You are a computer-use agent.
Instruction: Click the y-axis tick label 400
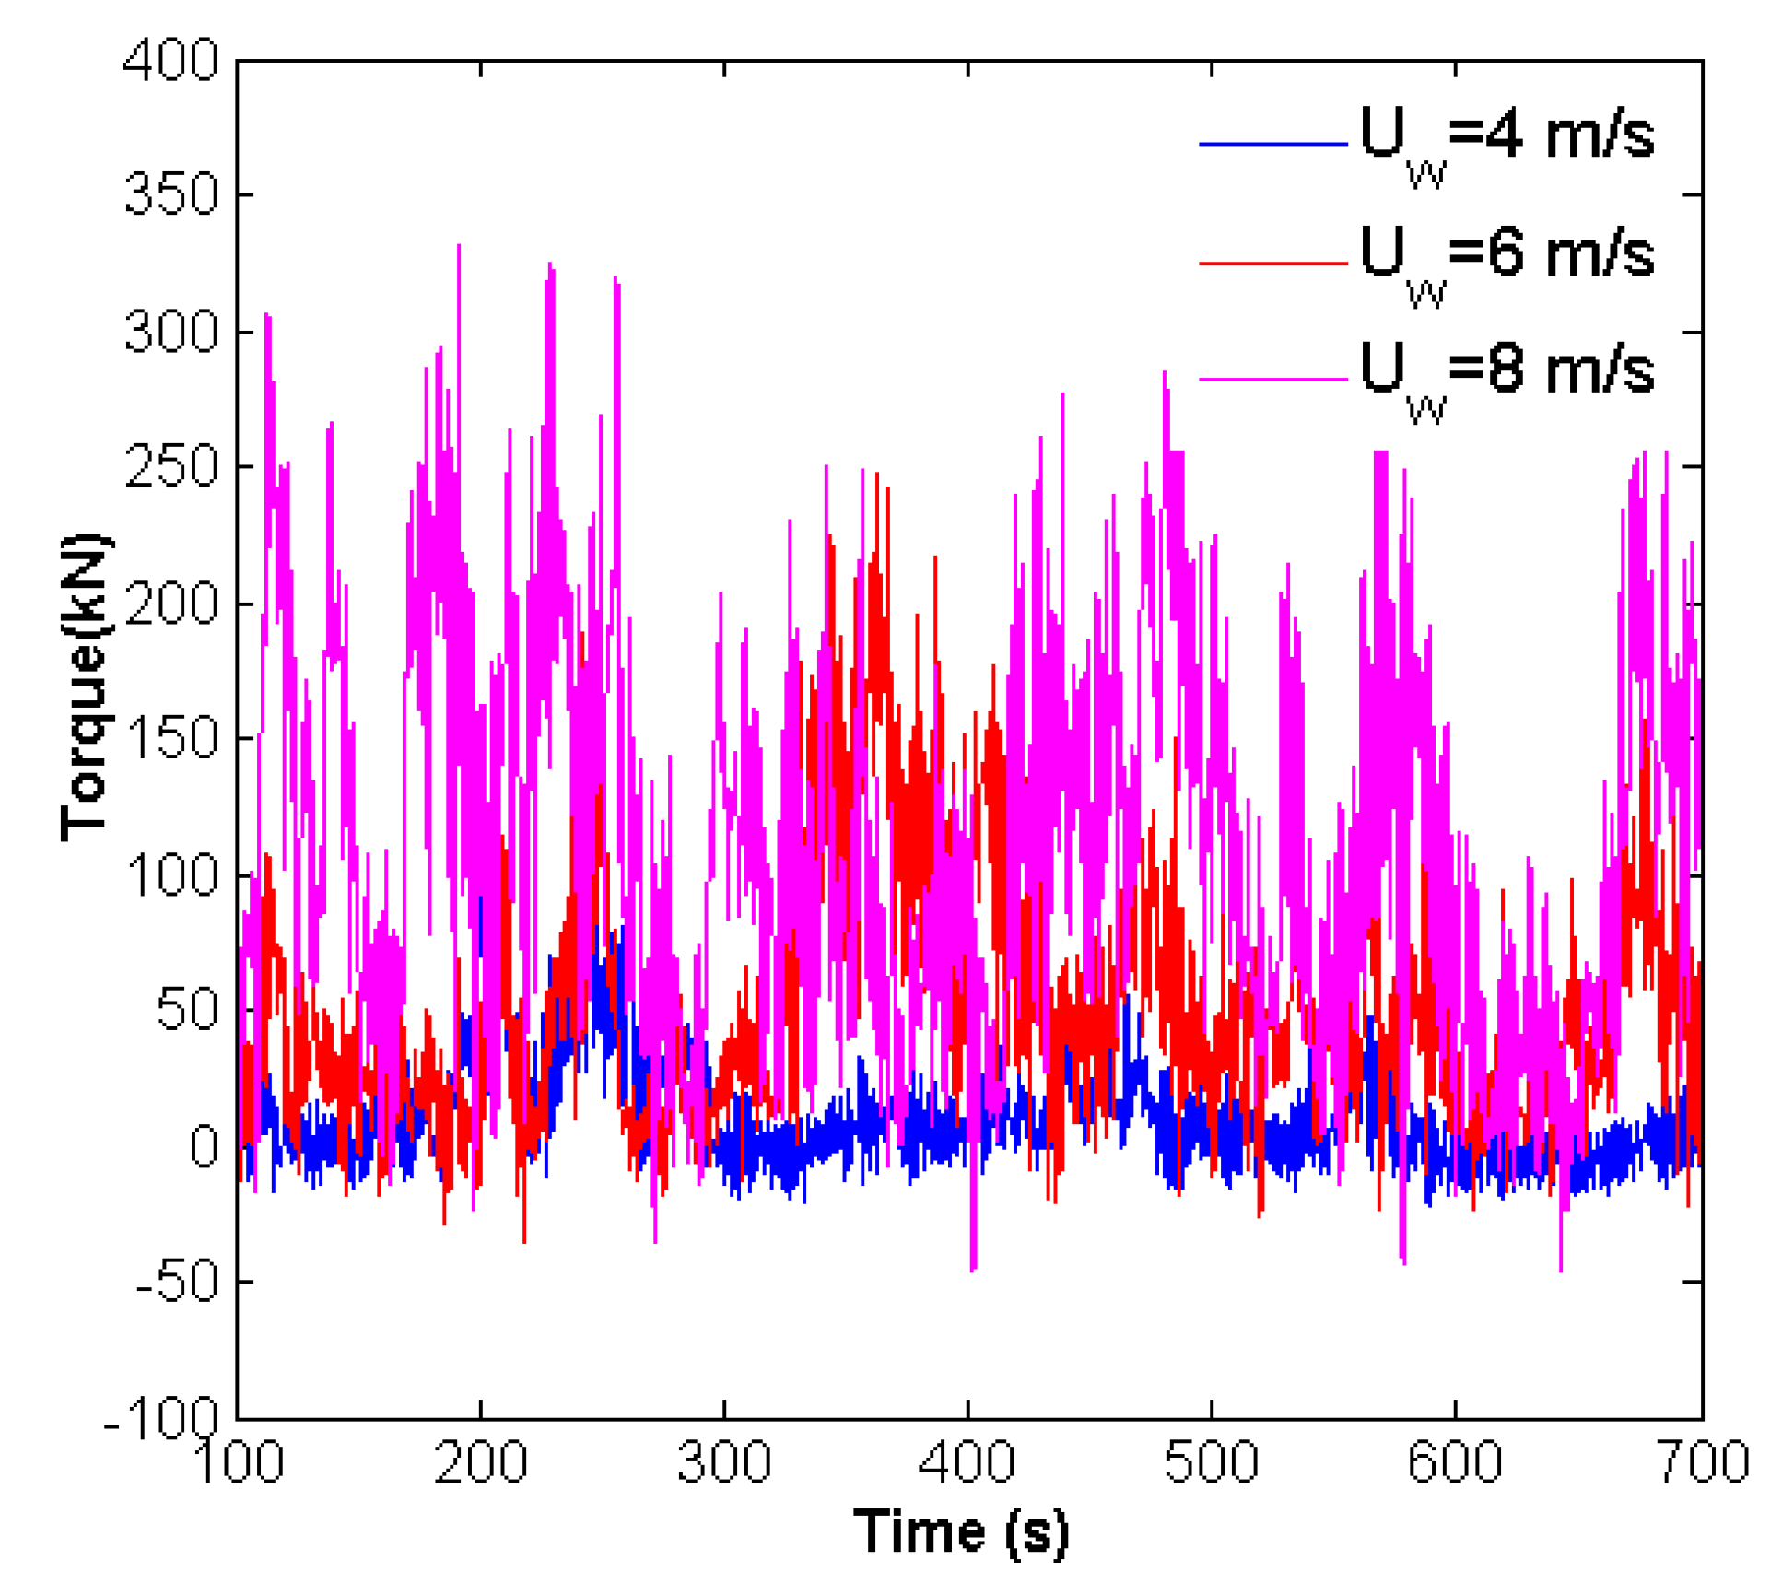click(170, 62)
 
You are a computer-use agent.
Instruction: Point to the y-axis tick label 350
click(170, 194)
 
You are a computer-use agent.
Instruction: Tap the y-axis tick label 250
click(170, 466)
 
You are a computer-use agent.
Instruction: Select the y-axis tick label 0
click(204, 1146)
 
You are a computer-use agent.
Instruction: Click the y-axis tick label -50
click(177, 1281)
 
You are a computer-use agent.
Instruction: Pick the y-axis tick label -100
click(160, 1416)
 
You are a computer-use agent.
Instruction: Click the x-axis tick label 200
click(480, 1462)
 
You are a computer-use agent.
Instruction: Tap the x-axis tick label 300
click(723, 1462)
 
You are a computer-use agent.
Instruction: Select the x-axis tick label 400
click(967, 1462)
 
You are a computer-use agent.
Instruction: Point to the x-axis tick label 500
click(1210, 1462)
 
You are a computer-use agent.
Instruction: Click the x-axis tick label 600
click(1454, 1462)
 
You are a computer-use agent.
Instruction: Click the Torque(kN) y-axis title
click(84, 686)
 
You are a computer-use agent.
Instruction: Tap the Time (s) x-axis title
click(960, 1533)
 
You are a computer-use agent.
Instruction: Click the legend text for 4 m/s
click(1506, 138)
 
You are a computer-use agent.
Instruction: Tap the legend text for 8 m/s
click(1506, 373)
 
